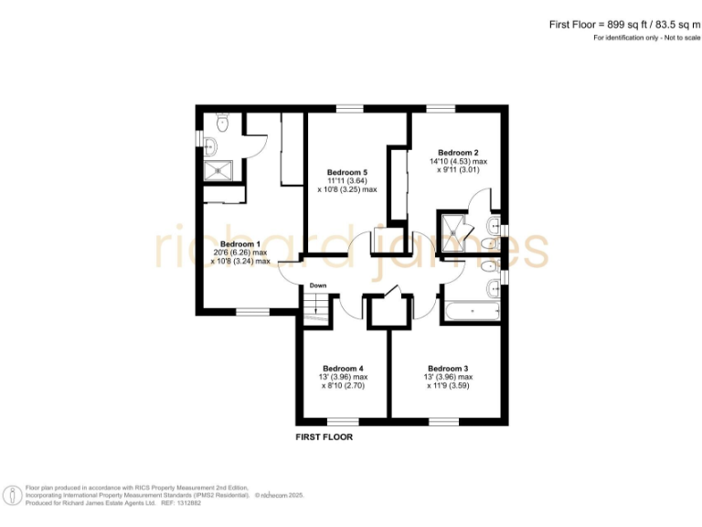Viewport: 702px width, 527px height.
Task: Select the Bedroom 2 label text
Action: click(x=458, y=152)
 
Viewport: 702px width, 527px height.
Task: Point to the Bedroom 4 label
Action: click(x=344, y=368)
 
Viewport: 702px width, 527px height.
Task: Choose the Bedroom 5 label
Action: click(x=346, y=172)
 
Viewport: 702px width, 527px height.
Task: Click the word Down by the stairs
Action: click(x=317, y=285)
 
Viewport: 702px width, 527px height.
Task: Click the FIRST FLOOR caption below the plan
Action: click(x=324, y=437)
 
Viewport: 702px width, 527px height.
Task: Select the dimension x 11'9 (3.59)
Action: click(x=450, y=385)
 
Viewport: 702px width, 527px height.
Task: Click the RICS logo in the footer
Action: click(x=13, y=495)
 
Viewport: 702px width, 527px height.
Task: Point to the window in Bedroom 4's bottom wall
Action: click(x=343, y=421)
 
